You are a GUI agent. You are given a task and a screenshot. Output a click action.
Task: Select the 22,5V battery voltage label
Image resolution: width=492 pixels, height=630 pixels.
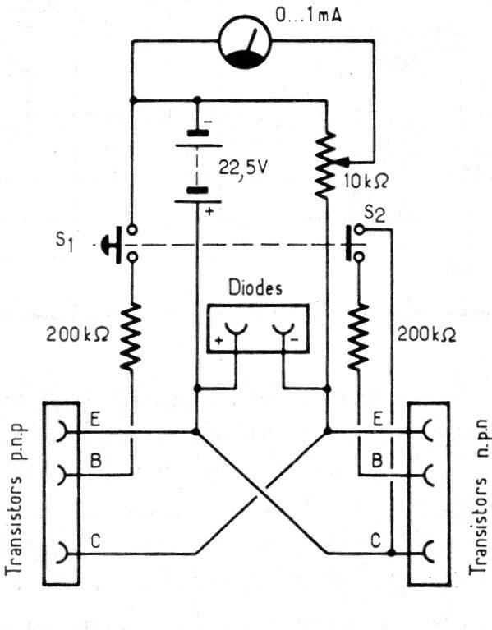[x=244, y=168]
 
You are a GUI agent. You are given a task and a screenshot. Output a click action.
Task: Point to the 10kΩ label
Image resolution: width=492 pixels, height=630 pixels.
[x=361, y=179]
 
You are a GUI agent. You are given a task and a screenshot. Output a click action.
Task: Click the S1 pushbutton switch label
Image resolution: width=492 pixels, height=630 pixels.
[x=66, y=242]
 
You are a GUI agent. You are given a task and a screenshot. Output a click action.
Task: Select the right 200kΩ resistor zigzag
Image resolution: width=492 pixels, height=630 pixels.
[x=359, y=337]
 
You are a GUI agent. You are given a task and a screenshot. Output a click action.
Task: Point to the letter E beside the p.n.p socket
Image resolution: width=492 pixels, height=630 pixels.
[x=96, y=419]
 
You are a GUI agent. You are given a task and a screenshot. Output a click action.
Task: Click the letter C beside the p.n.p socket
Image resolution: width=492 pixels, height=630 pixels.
[x=96, y=541]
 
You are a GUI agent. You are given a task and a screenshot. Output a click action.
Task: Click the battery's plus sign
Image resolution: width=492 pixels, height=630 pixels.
[x=211, y=211]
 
